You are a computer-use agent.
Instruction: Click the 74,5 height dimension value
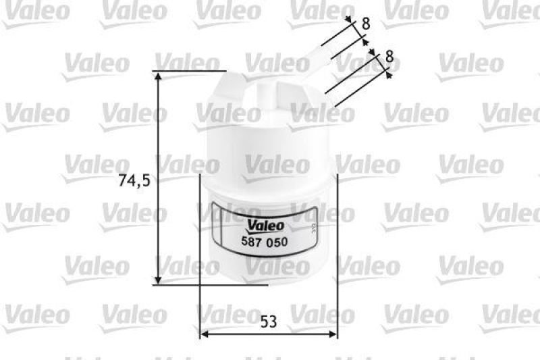(132, 180)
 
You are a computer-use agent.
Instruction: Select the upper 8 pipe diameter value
(366, 23)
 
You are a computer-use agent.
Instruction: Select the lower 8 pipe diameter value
(389, 58)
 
